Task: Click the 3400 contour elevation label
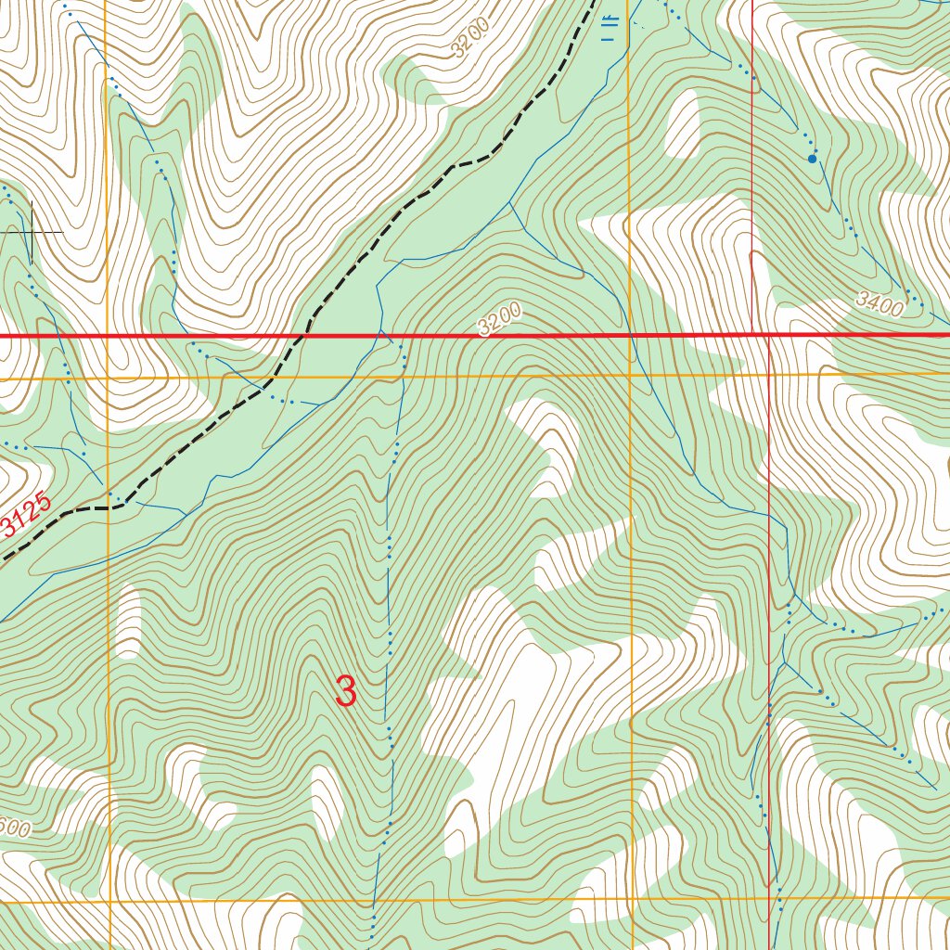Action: tap(879, 303)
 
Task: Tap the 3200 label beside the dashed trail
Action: tap(470, 39)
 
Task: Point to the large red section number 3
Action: tap(345, 691)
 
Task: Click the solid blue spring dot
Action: tap(813, 159)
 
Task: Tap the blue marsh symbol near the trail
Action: tap(609, 29)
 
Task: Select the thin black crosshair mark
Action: tap(32, 230)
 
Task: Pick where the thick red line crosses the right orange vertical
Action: tap(629, 335)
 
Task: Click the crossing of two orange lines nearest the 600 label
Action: tap(109, 901)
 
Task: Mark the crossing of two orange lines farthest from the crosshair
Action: tap(632, 899)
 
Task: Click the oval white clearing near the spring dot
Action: tap(683, 122)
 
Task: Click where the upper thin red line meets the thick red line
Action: tap(751, 335)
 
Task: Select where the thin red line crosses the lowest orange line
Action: tap(770, 898)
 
